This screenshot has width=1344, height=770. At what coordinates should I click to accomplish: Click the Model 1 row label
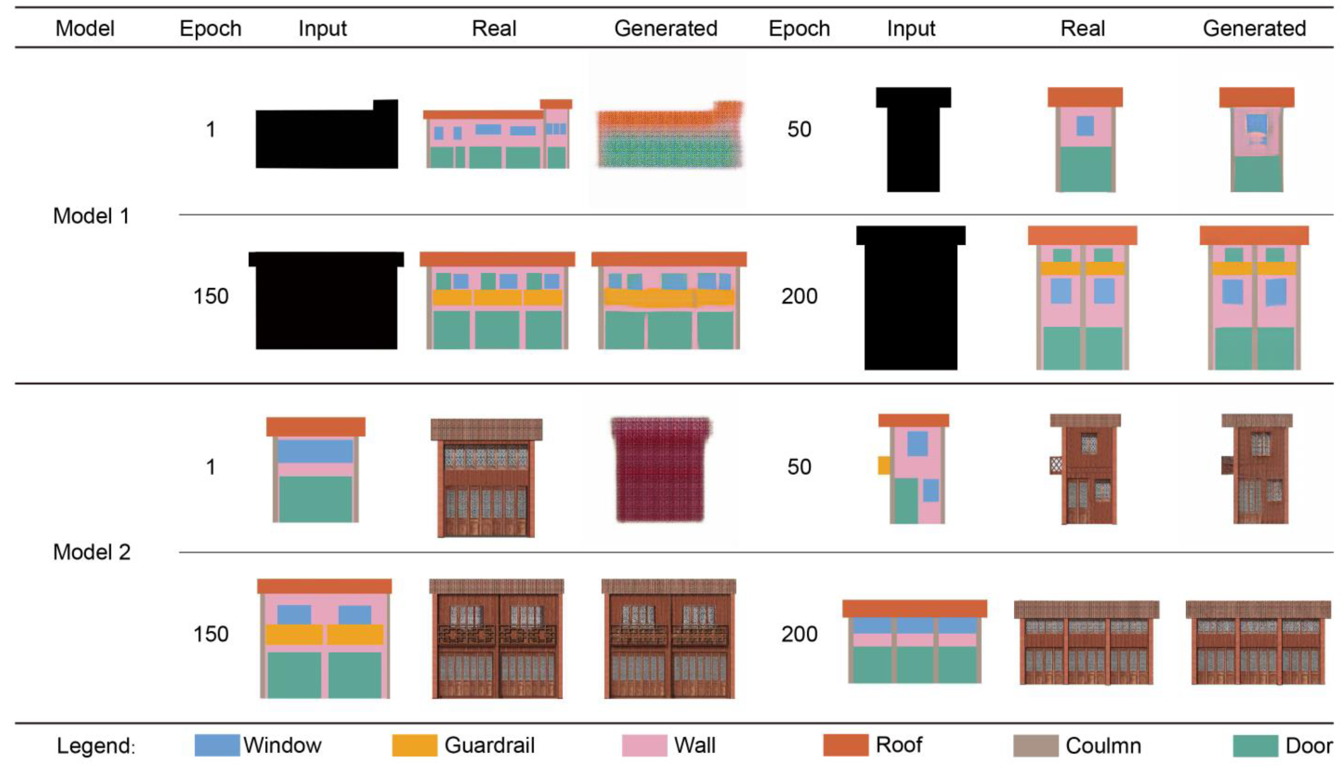[x=91, y=216]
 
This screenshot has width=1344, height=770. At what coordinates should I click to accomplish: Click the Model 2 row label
[x=92, y=552]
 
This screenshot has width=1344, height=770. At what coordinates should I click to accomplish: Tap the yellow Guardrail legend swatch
[x=414, y=745]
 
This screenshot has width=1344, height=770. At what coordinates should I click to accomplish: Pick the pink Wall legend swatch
[x=644, y=745]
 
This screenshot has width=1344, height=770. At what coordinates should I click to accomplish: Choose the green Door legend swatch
[x=1255, y=746]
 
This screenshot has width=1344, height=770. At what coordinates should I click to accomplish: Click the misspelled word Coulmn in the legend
[x=1103, y=746]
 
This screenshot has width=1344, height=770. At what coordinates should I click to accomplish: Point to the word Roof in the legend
[x=899, y=745]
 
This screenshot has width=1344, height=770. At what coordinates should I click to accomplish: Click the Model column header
[x=85, y=28]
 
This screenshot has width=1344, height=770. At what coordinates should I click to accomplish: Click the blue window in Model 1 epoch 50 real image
[x=1085, y=126]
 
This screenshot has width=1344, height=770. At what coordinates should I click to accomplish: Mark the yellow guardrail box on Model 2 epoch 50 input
[x=883, y=465]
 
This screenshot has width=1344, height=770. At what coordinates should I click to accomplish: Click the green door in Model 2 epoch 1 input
[x=315, y=499]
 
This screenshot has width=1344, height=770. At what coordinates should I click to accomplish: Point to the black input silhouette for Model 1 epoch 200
[x=911, y=301]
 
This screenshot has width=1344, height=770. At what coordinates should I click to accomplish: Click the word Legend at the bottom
[x=95, y=746]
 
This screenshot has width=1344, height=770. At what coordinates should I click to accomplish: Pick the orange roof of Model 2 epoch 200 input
[x=914, y=608]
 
